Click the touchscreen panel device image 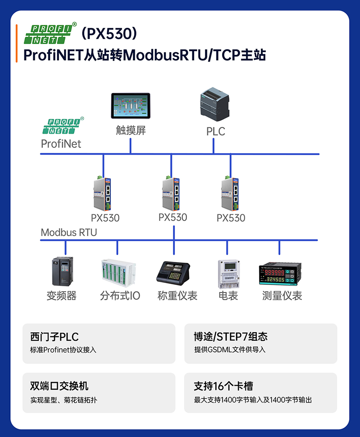[130, 106]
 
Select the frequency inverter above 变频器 [62, 271]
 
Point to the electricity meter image [228, 274]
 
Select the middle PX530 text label [173, 217]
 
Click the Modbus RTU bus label [69, 232]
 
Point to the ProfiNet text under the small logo [61, 144]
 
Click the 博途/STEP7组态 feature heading [230, 336]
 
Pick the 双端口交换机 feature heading [59, 386]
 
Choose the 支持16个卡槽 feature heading [223, 386]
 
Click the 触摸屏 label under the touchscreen [131, 130]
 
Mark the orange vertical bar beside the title [16, 43]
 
